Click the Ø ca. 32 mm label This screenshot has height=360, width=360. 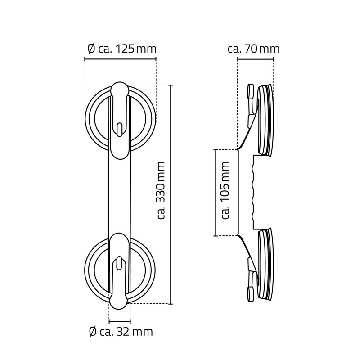[x=121, y=332]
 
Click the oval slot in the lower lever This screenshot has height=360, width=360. [x=119, y=263]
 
